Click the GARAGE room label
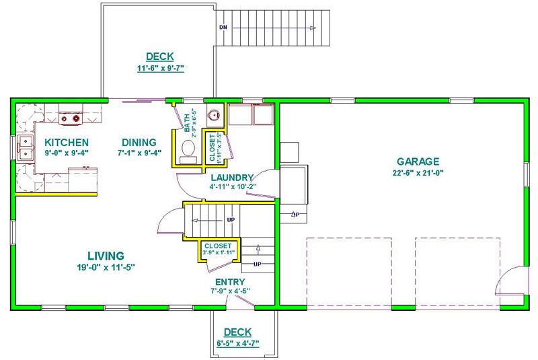(418, 161)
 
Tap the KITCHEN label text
(67, 143)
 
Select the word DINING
(139, 143)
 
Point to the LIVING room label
(106, 256)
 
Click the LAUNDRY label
(232, 178)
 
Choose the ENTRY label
(230, 282)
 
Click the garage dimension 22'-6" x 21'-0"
(418, 173)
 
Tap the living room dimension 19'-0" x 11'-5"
(106, 267)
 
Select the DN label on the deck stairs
(223, 27)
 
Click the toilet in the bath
(188, 151)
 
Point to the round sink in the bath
(214, 114)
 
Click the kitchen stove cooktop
(71, 118)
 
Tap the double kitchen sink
(26, 147)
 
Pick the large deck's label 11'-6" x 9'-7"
(161, 68)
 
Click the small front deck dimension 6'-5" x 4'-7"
(238, 343)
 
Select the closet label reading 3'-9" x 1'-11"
(219, 252)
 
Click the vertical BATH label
(187, 123)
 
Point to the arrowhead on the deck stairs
(313, 28)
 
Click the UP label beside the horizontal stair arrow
(231, 220)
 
